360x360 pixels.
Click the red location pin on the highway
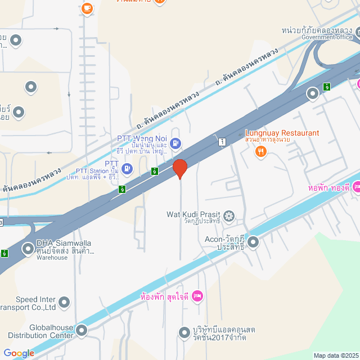pos(179,168)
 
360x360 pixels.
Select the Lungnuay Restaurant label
pos(282,133)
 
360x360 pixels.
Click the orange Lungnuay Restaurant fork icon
pos(260,151)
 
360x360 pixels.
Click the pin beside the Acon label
pos(253,243)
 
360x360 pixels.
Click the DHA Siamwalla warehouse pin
pos(28,248)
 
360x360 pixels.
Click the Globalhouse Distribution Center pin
pos(82,330)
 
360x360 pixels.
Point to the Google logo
pos(19,353)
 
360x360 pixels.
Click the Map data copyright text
pos(336,355)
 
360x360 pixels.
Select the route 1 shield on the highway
pos(223,142)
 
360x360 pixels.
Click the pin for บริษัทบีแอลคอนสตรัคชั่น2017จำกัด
pos(183,332)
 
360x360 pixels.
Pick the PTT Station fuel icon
pos(128,168)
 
